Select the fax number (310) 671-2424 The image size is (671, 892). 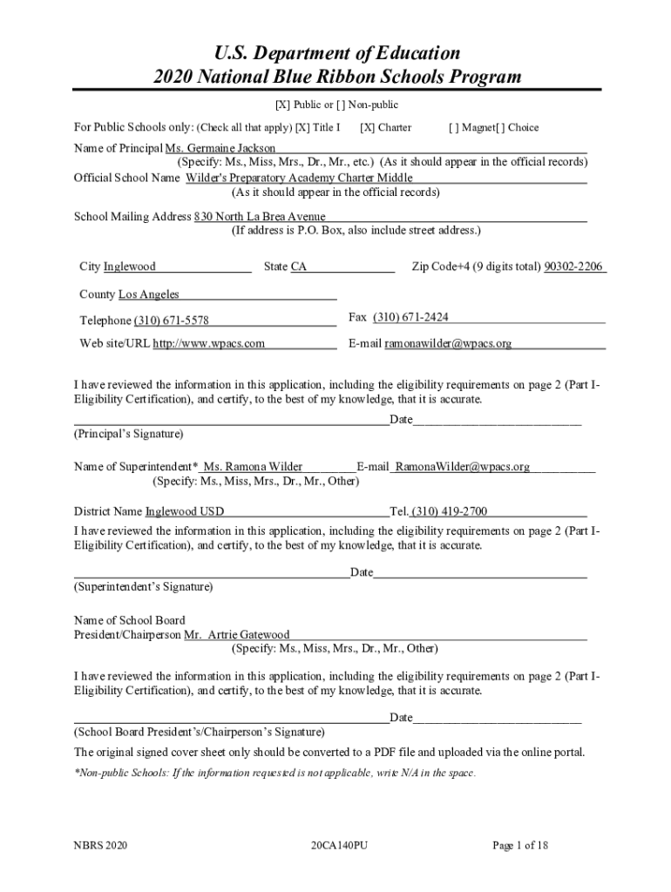pyautogui.click(x=410, y=317)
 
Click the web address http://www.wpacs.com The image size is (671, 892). pyautogui.click(x=209, y=343)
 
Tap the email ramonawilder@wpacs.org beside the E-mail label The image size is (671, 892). pyautogui.click(x=448, y=343)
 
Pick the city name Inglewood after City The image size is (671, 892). pyautogui.click(x=130, y=267)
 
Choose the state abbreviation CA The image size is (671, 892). pyautogui.click(x=299, y=267)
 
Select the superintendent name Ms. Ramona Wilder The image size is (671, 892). pyautogui.click(x=253, y=467)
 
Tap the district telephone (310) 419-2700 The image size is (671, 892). pyautogui.click(x=449, y=511)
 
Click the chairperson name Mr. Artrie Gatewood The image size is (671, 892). pyautogui.click(x=236, y=635)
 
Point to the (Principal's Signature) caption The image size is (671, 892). pyautogui.click(x=128, y=433)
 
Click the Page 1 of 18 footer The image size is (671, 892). pyautogui.click(x=520, y=845)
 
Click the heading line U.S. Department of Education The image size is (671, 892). pyautogui.click(x=336, y=53)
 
